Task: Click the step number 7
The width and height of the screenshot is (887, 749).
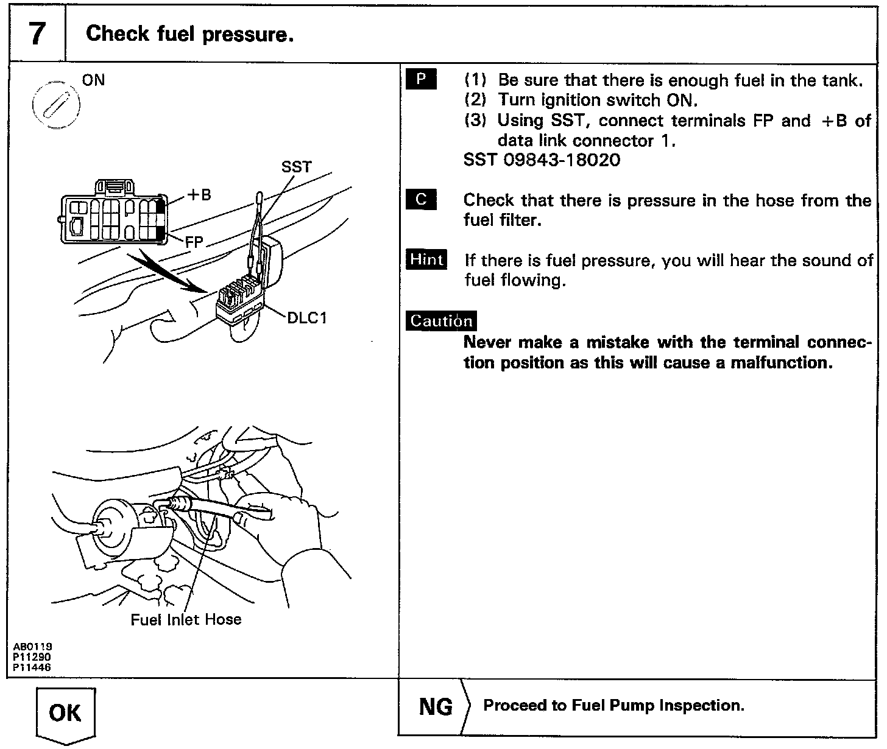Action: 37,34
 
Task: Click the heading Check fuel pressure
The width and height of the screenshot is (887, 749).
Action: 190,34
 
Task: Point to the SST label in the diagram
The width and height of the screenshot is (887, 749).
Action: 296,166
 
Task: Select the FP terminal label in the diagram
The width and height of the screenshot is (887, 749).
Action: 194,241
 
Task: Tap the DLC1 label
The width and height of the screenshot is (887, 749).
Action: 307,318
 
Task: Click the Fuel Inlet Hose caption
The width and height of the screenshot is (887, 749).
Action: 186,619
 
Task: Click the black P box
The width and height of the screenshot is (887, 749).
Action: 421,80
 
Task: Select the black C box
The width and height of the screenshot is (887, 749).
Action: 421,200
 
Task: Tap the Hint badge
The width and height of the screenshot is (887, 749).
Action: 426,259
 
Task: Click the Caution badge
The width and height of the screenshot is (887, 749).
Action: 441,321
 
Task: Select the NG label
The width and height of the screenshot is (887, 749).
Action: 436,706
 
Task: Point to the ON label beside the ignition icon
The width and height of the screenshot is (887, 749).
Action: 93,80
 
